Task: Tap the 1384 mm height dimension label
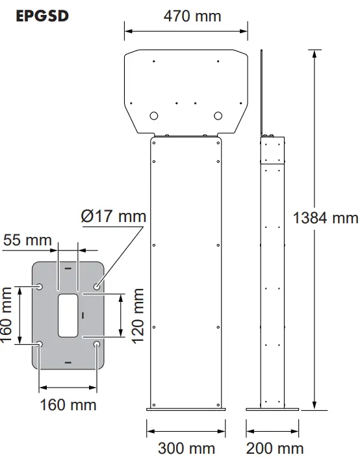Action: pyautogui.click(x=325, y=217)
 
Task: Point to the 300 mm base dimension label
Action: pyautogui.click(x=186, y=448)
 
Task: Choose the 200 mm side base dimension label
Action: pyautogui.click(x=274, y=448)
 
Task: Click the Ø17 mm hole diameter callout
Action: pyautogui.click(x=114, y=216)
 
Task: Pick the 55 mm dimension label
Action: pyautogui.click(x=27, y=240)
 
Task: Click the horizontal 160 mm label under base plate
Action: pyautogui.click(x=68, y=404)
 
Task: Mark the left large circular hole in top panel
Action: pyautogui.click(x=154, y=116)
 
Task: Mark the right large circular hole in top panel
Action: pyautogui.click(x=218, y=116)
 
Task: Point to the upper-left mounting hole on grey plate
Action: pyautogui.click(x=40, y=286)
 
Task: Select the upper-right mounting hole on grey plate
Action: pyautogui.click(x=97, y=286)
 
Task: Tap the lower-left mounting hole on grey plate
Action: pyautogui.click(x=40, y=344)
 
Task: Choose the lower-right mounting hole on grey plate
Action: pyautogui.click(x=97, y=344)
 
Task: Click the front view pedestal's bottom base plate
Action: pyautogui.click(x=186, y=409)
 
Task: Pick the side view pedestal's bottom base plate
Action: pyautogui.click(x=273, y=409)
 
